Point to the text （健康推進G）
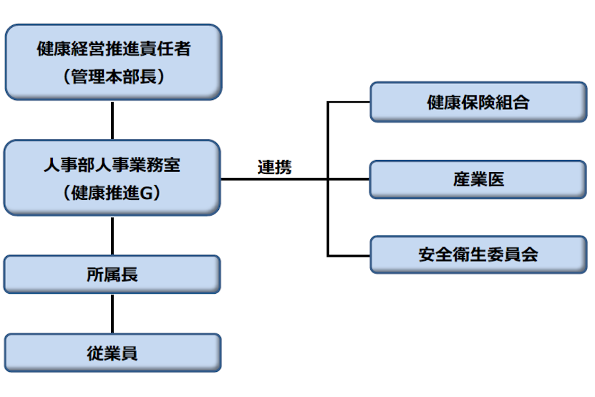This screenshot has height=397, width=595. (x=112, y=193)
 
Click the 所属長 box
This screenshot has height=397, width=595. (x=112, y=274)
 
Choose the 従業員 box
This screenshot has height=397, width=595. (x=112, y=353)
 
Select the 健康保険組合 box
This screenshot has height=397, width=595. (x=478, y=102)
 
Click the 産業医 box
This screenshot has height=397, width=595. (x=478, y=179)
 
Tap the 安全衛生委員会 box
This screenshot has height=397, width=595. (x=478, y=255)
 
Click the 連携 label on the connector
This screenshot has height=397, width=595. (x=274, y=167)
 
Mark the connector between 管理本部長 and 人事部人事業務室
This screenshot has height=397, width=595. (x=112, y=120)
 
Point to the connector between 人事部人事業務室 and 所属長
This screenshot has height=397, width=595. (x=112, y=236)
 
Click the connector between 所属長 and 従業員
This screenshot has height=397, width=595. (x=112, y=313)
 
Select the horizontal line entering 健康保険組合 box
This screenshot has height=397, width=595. (x=349, y=102)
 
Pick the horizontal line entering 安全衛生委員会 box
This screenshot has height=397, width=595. (x=349, y=255)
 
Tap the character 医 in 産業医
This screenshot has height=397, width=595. (x=495, y=179)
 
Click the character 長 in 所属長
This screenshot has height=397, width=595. (x=130, y=274)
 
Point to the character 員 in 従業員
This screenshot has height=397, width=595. (x=130, y=353)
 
